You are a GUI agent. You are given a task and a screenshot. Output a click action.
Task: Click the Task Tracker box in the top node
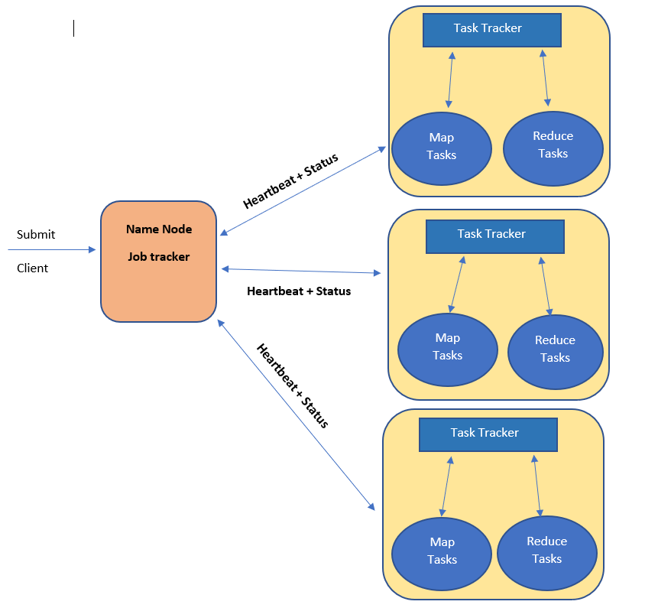coord(492,29)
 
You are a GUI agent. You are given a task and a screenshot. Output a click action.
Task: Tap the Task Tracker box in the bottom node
coord(488,434)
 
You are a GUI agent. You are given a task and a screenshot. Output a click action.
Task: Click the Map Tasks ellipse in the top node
coord(441,147)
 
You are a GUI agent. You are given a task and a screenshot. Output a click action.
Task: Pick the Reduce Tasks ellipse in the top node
coord(553,147)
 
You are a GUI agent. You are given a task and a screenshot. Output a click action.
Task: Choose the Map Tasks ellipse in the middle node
coord(447,348)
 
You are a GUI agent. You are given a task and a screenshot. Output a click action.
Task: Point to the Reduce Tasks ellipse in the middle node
coord(555,350)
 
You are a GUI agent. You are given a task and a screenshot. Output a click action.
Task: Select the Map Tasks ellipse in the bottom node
coord(442,551)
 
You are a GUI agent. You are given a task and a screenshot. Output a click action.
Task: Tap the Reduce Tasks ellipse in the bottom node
coord(546,551)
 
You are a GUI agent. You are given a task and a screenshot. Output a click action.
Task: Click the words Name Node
coord(159,229)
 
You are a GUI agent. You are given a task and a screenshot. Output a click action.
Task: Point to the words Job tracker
coord(159,257)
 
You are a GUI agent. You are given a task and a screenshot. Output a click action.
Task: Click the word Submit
coord(36,235)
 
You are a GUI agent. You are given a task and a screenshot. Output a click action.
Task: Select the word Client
coord(33,268)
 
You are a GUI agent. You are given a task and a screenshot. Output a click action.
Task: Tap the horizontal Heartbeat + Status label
coord(299,291)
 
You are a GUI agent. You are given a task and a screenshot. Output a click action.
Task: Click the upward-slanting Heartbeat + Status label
coord(290,181)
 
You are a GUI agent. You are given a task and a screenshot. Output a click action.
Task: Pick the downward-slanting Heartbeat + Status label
coord(293,385)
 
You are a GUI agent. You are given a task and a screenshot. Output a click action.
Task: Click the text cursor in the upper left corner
coord(74,28)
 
